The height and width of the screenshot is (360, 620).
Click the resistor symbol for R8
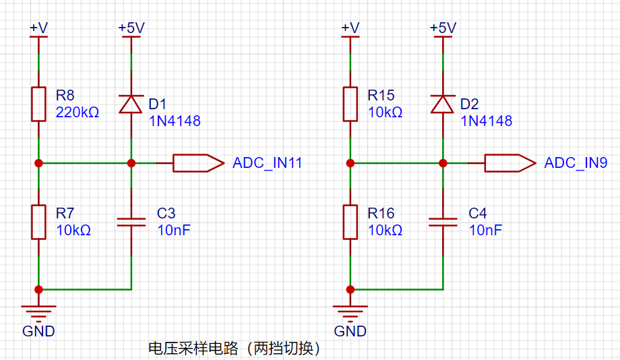(x=39, y=104)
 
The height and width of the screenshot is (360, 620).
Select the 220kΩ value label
(x=77, y=113)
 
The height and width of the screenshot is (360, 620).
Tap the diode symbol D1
(x=131, y=104)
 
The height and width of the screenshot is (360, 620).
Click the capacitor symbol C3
(x=131, y=222)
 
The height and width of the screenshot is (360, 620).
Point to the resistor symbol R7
(x=39, y=222)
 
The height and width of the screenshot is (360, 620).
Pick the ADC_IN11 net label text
(x=268, y=163)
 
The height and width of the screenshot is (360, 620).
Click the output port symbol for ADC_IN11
(x=199, y=163)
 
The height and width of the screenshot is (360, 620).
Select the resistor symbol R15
(x=350, y=104)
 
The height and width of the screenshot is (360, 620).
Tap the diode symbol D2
(x=443, y=104)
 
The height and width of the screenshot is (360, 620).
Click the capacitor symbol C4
(x=443, y=222)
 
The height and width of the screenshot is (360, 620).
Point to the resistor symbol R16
(x=350, y=222)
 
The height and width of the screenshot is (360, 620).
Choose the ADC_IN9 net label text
(x=576, y=163)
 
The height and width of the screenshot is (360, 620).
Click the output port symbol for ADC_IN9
(x=510, y=163)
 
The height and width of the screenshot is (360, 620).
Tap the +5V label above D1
(x=131, y=28)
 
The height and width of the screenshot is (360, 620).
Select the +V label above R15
(x=350, y=28)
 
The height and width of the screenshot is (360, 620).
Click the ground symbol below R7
(x=39, y=311)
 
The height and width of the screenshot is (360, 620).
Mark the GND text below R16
(x=350, y=331)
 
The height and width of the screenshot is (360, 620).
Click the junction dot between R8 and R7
(x=39, y=163)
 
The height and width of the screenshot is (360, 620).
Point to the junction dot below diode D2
(x=443, y=163)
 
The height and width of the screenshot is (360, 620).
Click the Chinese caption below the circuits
(x=234, y=349)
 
